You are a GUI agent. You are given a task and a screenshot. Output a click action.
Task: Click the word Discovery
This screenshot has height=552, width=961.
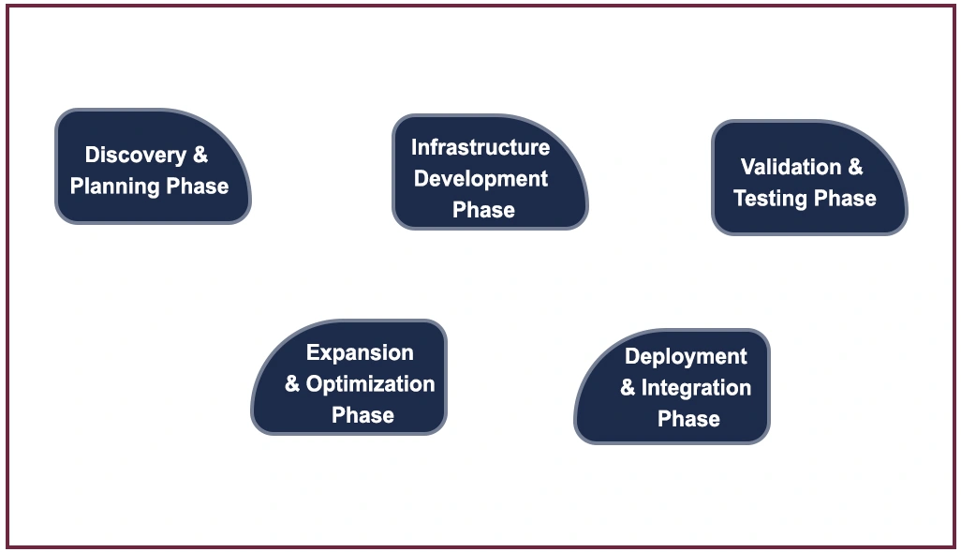136,156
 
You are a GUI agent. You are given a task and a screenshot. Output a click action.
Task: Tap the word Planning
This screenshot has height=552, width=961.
115,186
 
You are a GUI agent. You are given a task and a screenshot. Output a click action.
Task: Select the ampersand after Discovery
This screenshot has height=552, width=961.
200,154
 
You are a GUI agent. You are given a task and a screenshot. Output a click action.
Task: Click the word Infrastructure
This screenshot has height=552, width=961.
480,147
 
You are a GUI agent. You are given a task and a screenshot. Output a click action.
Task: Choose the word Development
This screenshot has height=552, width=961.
480,178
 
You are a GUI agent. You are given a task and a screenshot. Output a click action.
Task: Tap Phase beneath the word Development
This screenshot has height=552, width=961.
483,210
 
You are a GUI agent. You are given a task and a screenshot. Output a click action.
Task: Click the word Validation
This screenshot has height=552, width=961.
791,167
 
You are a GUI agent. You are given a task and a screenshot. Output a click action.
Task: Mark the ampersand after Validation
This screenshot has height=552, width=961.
855,166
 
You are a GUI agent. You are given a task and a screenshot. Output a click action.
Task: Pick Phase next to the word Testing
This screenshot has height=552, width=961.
845,198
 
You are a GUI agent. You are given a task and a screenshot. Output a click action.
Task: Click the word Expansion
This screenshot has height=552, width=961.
360,353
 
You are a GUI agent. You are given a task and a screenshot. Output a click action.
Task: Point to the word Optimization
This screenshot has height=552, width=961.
370,384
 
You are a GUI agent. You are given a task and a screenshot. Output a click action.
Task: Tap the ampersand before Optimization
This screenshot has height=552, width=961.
292,383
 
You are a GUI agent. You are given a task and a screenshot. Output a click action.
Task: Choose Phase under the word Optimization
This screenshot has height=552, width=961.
362,415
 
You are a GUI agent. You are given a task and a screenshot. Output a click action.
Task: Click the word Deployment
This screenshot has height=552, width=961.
686,357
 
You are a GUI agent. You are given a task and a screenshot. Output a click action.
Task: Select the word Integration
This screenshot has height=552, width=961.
696,388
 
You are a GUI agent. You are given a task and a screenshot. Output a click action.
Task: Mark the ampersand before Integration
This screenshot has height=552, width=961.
628,387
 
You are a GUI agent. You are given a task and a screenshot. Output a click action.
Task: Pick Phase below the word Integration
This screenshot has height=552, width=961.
688,419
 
